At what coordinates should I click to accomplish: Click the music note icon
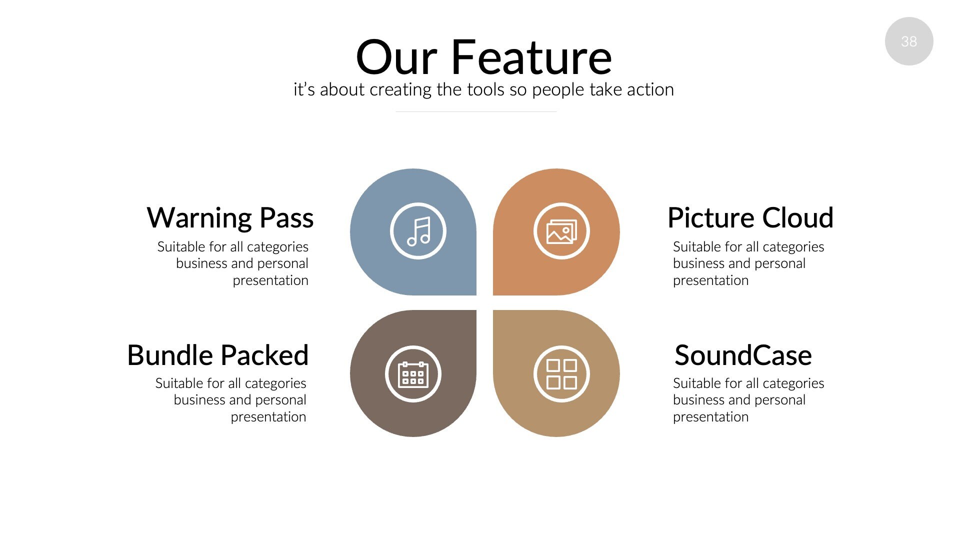pos(418,231)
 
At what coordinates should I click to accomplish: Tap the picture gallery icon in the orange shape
pos(561,231)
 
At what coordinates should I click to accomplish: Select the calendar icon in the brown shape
pos(413,374)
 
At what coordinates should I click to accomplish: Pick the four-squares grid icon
pos(561,374)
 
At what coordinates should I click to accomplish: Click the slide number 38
pos(908,41)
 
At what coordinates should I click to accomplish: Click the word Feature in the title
pos(531,57)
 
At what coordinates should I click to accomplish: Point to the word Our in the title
pos(396,57)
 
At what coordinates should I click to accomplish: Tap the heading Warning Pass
pos(230,218)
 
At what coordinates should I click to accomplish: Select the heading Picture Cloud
pos(750,218)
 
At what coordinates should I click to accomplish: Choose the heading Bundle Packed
pos(217,355)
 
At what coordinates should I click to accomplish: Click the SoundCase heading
pos(742,355)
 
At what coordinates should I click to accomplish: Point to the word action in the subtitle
pos(650,90)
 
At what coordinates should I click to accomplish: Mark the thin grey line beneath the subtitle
pos(476,111)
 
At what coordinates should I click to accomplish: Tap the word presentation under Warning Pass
pos(270,281)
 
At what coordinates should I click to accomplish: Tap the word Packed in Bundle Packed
pos(264,355)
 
